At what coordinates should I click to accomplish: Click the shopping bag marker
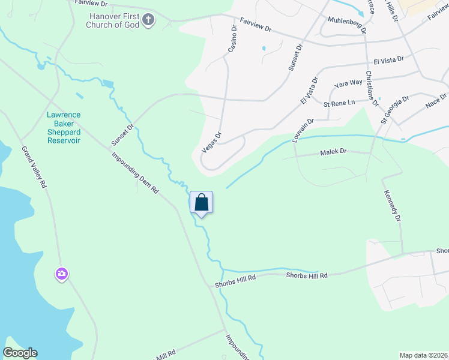pos(202,203)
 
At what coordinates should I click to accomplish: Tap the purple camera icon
pos(62,274)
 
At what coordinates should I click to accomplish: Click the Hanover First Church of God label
pos(115,20)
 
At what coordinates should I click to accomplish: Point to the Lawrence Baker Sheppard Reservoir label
pos(64,127)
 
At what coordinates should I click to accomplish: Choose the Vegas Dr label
pos(211,142)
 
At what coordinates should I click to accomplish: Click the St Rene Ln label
pos(340,103)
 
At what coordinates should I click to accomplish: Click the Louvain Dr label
pos(303,130)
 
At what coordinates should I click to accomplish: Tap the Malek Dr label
pos(333,152)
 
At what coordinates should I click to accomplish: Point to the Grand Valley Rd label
pos(34,167)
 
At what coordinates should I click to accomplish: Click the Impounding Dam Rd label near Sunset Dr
pos(135,172)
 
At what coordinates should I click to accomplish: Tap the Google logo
pos(20,353)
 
